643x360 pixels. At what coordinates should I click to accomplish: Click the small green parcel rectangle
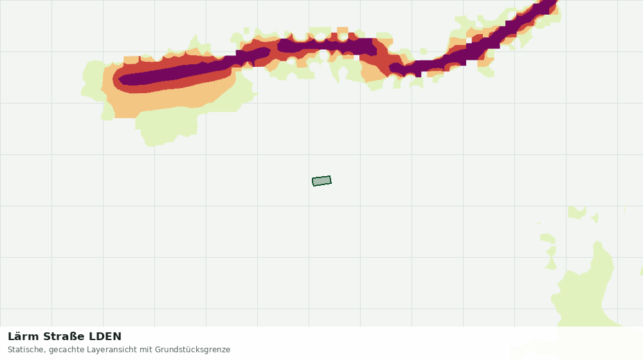click(321, 181)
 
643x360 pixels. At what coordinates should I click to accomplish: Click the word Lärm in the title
click(24, 337)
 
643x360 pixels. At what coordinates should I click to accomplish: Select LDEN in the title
click(105, 337)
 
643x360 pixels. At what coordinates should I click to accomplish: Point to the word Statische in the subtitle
click(26, 350)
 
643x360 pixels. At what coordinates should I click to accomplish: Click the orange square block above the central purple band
click(343, 31)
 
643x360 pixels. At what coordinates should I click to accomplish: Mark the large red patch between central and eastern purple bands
click(385, 57)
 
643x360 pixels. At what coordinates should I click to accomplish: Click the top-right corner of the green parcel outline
click(330, 176)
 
